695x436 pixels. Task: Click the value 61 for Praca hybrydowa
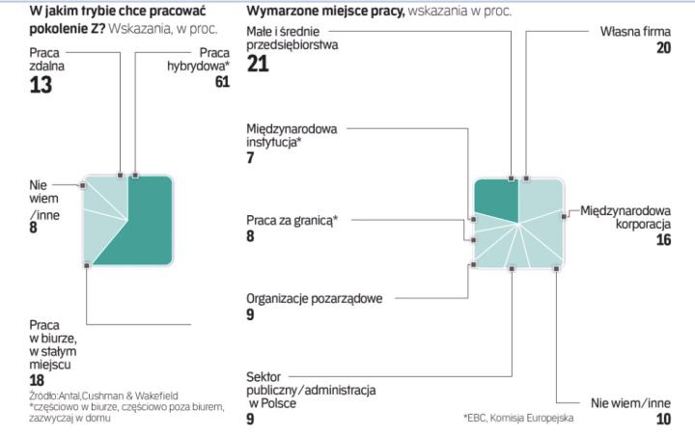tap(223, 83)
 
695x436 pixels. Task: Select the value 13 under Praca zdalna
tap(41, 86)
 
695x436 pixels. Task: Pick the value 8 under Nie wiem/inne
tap(34, 229)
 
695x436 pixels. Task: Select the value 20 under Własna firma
tap(663, 48)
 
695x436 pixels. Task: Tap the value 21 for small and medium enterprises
tap(258, 66)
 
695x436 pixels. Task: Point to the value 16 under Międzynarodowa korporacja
tap(662, 240)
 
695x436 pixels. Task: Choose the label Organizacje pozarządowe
tap(314, 299)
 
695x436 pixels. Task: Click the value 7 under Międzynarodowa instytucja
tap(250, 157)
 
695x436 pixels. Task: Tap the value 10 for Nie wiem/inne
tap(662, 420)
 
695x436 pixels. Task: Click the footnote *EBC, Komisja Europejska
tap(518, 418)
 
